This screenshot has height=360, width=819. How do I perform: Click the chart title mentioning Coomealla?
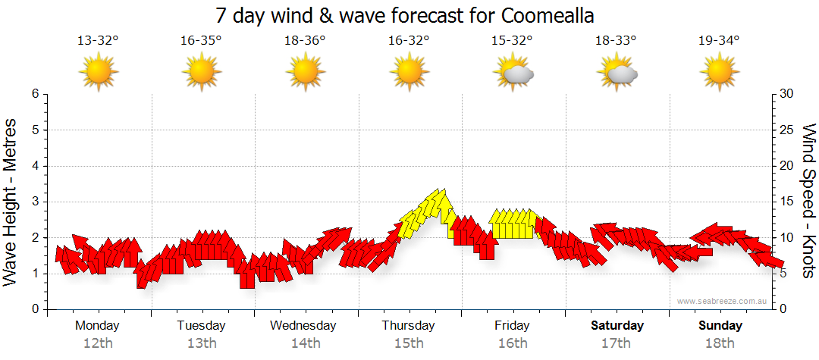pos(404,15)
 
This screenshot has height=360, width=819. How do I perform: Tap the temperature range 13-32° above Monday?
pos(98,41)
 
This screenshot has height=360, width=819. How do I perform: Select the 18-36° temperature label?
pos(305,41)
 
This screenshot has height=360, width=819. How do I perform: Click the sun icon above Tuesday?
pos(202,72)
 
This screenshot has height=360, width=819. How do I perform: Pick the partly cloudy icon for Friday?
pos(513,73)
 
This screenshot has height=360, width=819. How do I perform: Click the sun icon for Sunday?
pos(720,72)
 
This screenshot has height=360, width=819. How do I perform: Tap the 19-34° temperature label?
pos(719,41)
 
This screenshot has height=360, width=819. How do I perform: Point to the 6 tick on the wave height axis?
pos(34,94)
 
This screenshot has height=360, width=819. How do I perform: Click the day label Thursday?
pos(408,326)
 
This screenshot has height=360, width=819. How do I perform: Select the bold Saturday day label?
pos(617,326)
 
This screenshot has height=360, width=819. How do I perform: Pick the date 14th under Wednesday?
pos(305,343)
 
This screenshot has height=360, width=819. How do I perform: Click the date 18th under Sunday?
pos(720,343)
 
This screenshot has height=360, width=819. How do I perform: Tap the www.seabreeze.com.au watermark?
pos(723,302)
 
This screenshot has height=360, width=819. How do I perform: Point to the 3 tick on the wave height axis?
pos(34,202)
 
